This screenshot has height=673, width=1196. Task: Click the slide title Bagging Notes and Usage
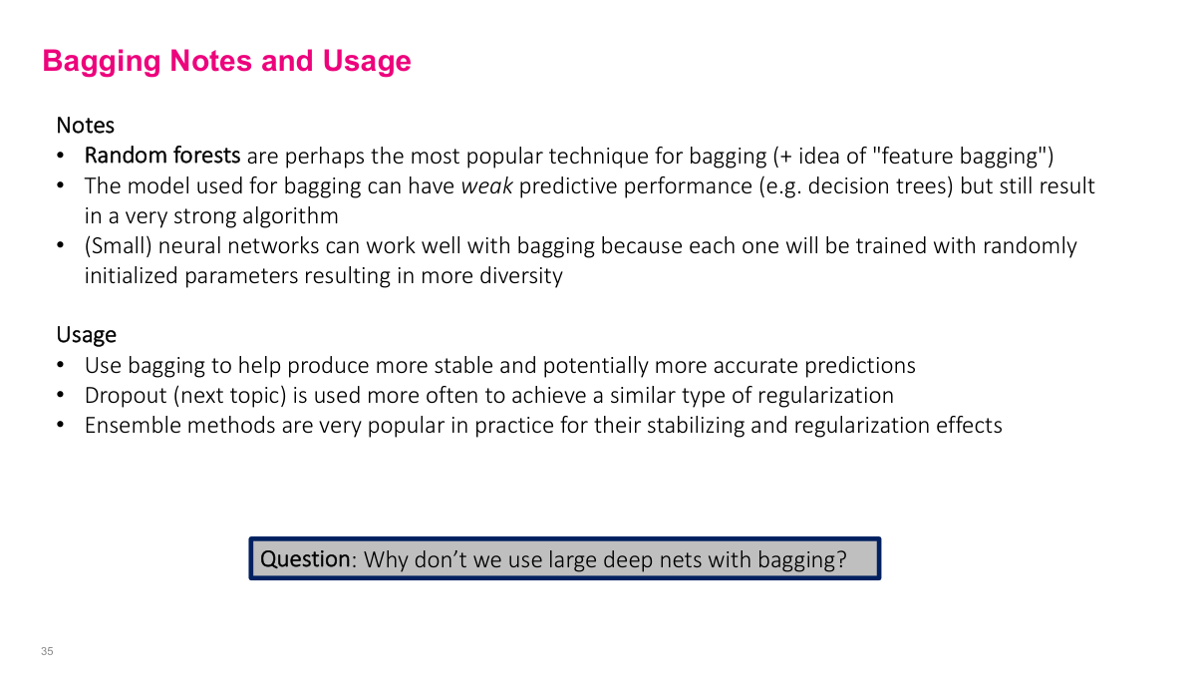tap(226, 61)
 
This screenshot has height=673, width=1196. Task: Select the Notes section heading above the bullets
tap(85, 126)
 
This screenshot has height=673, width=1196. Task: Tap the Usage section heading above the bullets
tap(86, 335)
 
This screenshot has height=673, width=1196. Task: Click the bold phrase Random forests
tap(162, 156)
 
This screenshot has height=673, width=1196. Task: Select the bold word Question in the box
tap(305, 559)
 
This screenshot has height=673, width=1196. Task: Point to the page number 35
tap(47, 651)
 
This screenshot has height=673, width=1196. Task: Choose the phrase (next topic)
tap(230, 396)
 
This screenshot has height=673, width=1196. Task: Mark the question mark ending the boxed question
tap(841, 559)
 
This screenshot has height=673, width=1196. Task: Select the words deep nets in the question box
tap(608, 559)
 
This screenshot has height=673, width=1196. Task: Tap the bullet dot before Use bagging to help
tap(61, 366)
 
